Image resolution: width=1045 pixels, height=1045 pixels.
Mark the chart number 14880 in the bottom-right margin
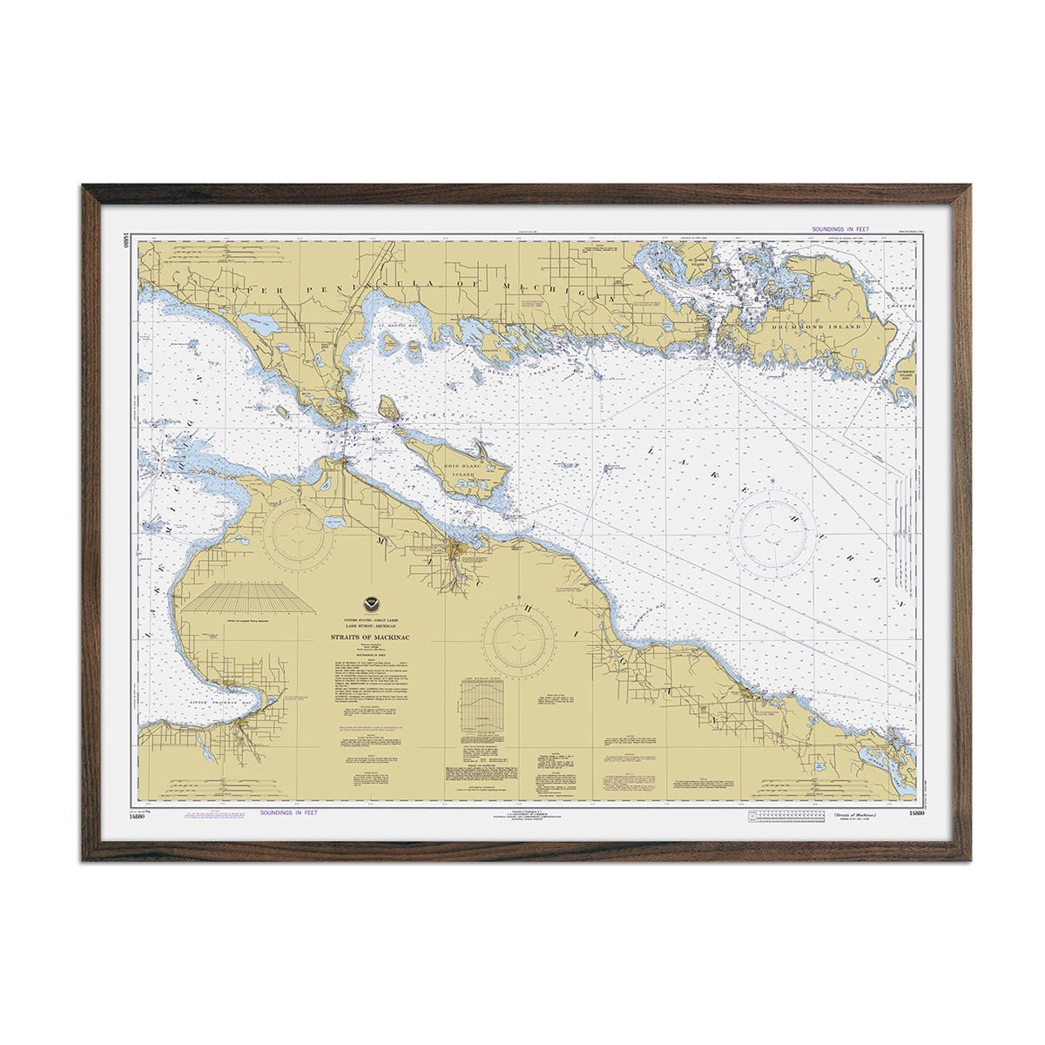pos(914,813)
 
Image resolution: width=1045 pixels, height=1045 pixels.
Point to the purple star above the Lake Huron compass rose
pos(772,481)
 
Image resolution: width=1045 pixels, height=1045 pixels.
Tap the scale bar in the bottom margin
pos(784,814)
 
